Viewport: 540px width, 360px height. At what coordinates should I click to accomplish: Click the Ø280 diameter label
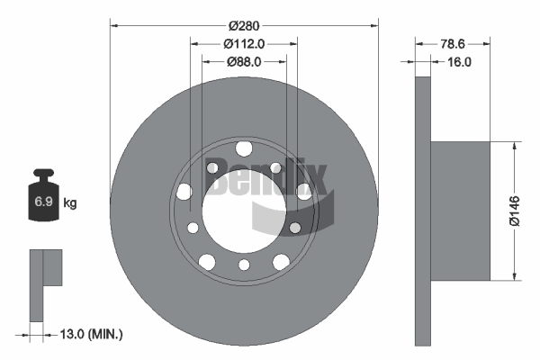[x=245, y=25]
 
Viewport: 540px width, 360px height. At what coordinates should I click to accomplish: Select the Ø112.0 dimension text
[x=245, y=43]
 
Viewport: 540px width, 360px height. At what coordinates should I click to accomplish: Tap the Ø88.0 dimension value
[x=244, y=61]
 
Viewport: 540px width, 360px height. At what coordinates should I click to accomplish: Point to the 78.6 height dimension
[x=453, y=42]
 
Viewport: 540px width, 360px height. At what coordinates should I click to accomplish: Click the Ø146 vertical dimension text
[x=514, y=210]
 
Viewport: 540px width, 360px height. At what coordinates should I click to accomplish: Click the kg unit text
[x=70, y=203]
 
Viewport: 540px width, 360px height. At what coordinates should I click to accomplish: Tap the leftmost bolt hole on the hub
[x=184, y=191]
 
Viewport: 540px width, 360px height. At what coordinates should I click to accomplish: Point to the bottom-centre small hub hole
[x=244, y=264]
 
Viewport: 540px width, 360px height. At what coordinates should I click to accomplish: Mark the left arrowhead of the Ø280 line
[x=114, y=25]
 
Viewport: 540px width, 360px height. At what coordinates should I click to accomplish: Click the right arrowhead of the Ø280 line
[x=373, y=25]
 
